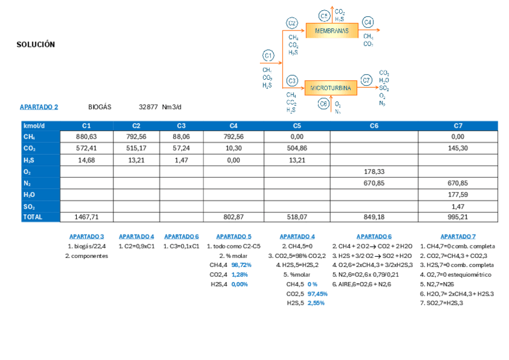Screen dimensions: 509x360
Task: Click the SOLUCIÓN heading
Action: (x=35, y=44)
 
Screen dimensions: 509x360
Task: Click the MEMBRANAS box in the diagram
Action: (x=331, y=30)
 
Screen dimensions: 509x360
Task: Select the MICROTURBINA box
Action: (x=331, y=88)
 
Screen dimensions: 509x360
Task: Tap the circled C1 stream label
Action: (x=268, y=56)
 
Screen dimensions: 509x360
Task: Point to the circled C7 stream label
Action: (x=367, y=80)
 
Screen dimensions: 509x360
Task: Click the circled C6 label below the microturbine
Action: (x=324, y=103)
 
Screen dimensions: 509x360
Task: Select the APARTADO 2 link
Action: (x=39, y=107)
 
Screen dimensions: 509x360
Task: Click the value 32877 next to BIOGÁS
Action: (x=148, y=107)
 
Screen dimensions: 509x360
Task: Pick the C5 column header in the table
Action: (x=297, y=126)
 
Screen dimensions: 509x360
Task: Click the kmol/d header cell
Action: (x=34, y=126)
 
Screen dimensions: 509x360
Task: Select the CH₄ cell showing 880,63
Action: (x=86, y=137)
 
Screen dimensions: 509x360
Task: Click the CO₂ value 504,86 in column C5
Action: (x=297, y=149)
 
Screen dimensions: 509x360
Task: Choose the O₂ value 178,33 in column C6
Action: (x=374, y=172)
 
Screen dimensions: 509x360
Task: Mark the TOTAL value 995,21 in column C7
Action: (x=457, y=217)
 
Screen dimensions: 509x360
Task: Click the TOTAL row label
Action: (x=32, y=217)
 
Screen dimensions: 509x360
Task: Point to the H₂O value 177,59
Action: (x=457, y=194)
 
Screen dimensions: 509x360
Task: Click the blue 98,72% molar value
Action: (x=241, y=265)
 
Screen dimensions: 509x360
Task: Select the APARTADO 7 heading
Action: (x=457, y=236)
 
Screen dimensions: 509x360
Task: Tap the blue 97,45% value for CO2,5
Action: (x=318, y=294)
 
